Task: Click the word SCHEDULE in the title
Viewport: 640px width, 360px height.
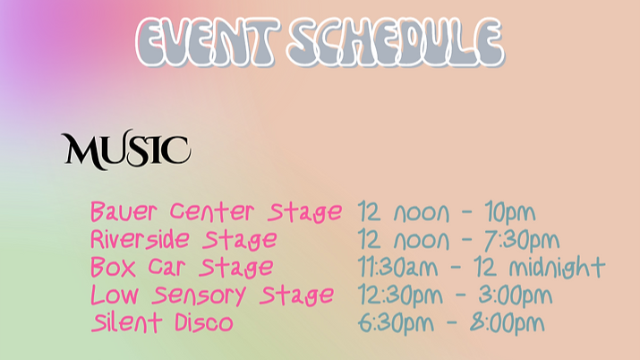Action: (396, 42)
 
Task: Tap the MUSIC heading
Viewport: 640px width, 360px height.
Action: (126, 150)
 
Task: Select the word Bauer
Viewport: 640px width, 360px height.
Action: (124, 212)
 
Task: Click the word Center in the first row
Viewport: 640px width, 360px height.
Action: (212, 212)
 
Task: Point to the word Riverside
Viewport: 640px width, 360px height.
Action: (140, 239)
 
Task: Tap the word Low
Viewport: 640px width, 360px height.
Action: (115, 295)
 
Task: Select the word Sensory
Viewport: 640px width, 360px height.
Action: (199, 296)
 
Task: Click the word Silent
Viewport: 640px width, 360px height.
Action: (126, 322)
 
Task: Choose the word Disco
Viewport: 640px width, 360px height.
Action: (204, 322)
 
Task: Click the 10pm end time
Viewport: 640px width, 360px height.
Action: (510, 212)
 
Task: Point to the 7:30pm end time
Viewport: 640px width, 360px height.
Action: (522, 240)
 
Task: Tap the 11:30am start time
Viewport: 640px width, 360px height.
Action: (398, 268)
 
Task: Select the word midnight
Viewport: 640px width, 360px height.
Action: (557, 268)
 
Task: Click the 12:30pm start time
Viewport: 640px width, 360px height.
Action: (400, 296)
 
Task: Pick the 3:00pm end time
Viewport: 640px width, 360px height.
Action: (515, 296)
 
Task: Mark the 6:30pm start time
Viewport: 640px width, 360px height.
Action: (396, 323)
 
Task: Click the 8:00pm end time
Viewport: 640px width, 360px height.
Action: (507, 323)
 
